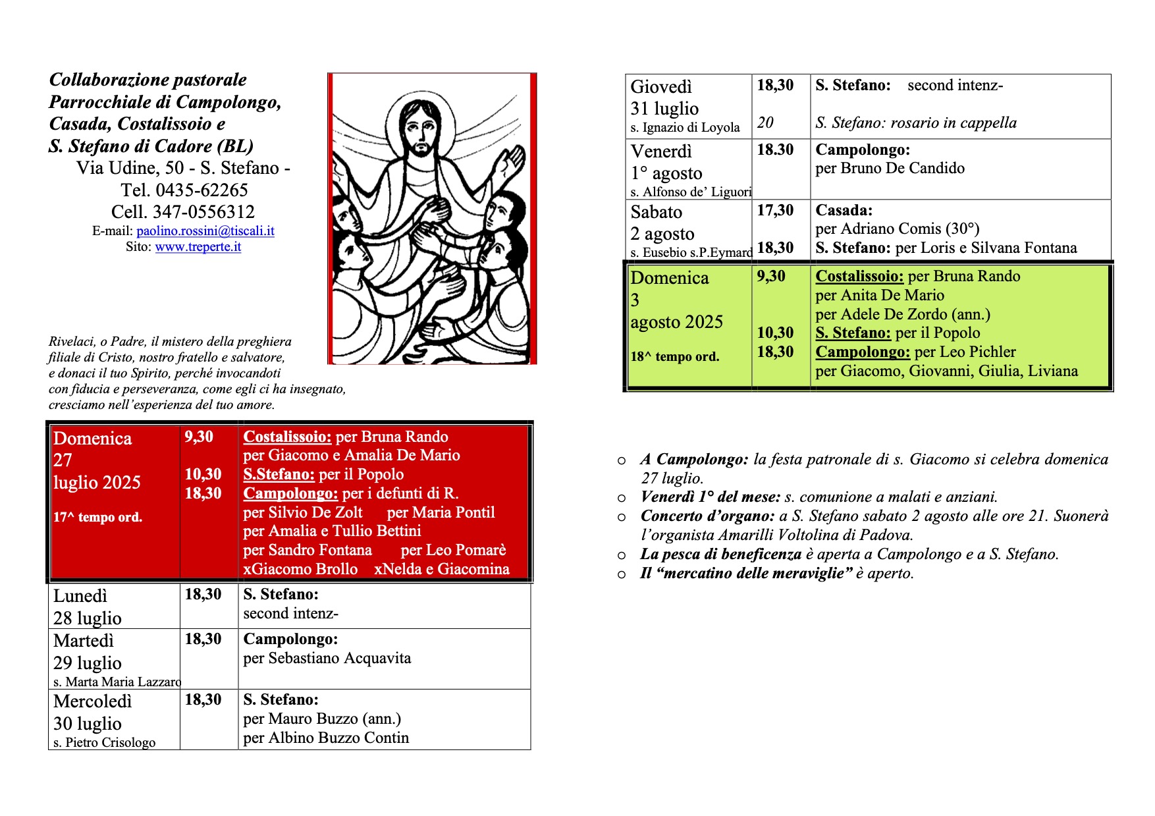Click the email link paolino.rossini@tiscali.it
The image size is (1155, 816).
pyautogui.click(x=205, y=231)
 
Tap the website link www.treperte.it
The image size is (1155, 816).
pyautogui.click(x=198, y=247)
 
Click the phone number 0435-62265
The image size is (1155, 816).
pyautogui.click(x=201, y=190)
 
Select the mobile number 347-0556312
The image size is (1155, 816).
pyautogui.click(x=203, y=212)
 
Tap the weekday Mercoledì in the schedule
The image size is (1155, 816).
pyautogui.click(x=93, y=701)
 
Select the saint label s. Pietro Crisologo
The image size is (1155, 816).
pyautogui.click(x=105, y=742)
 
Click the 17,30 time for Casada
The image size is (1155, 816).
pyautogui.click(x=775, y=211)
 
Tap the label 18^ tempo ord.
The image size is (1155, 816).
pyautogui.click(x=675, y=357)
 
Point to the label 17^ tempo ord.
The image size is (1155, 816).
pyautogui.click(x=98, y=518)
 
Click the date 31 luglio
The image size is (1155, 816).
pyautogui.click(x=664, y=109)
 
